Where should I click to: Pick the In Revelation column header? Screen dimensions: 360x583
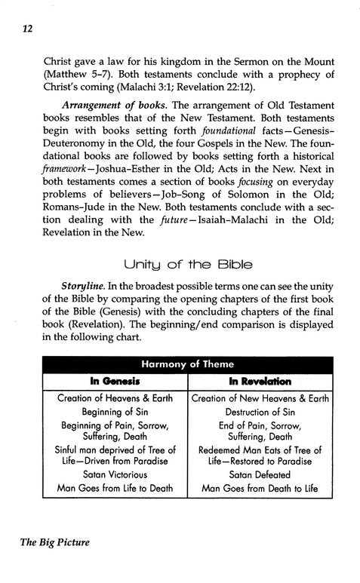point(254,381)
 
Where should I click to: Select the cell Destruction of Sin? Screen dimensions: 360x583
point(254,413)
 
